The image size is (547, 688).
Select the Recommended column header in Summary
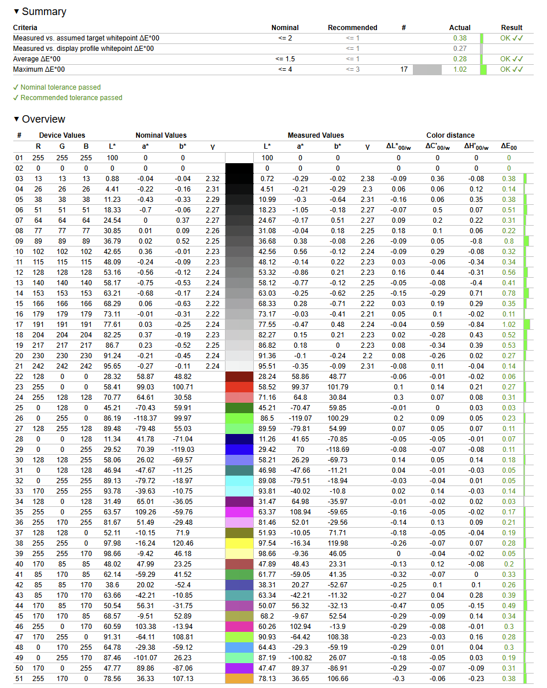(x=352, y=28)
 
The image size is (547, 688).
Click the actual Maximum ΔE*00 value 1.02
(x=460, y=69)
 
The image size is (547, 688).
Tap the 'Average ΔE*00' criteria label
(x=37, y=59)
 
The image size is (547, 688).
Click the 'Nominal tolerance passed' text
(x=60, y=87)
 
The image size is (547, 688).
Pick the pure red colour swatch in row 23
(x=239, y=387)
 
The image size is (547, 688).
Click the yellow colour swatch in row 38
(x=239, y=543)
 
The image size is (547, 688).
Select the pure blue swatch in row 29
(x=239, y=450)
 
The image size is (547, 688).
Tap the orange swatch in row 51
(x=239, y=679)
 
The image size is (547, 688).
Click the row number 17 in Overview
(x=19, y=325)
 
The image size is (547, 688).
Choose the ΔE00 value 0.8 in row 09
(x=509, y=241)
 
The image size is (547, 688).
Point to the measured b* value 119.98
(x=337, y=543)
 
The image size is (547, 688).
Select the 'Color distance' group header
(x=450, y=135)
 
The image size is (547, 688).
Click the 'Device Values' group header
(x=62, y=135)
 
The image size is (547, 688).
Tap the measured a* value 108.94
(x=300, y=512)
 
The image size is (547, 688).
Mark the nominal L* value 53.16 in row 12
(x=112, y=273)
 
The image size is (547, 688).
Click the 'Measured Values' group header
(x=316, y=135)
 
